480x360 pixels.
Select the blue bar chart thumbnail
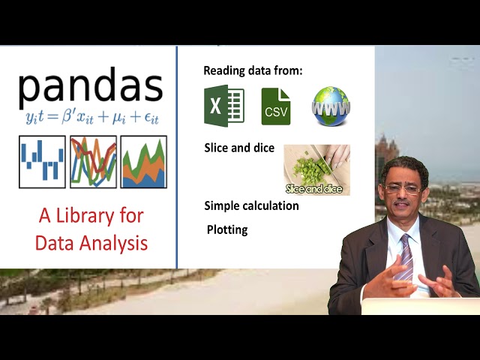(42, 161)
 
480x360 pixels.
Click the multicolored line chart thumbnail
(93, 161)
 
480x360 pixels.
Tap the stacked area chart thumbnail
(143, 161)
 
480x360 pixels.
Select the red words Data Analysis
(91, 243)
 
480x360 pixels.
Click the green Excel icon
(223, 106)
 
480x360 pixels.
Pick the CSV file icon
(275, 106)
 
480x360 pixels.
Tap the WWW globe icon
(331, 106)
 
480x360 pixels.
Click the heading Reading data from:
(253, 70)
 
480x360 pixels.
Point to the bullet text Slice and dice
(239, 148)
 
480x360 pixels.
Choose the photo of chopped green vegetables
(316, 169)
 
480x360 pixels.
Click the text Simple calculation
(251, 205)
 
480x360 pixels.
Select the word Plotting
(227, 229)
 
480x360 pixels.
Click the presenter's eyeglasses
(401, 189)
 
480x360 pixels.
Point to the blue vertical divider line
(177, 157)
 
